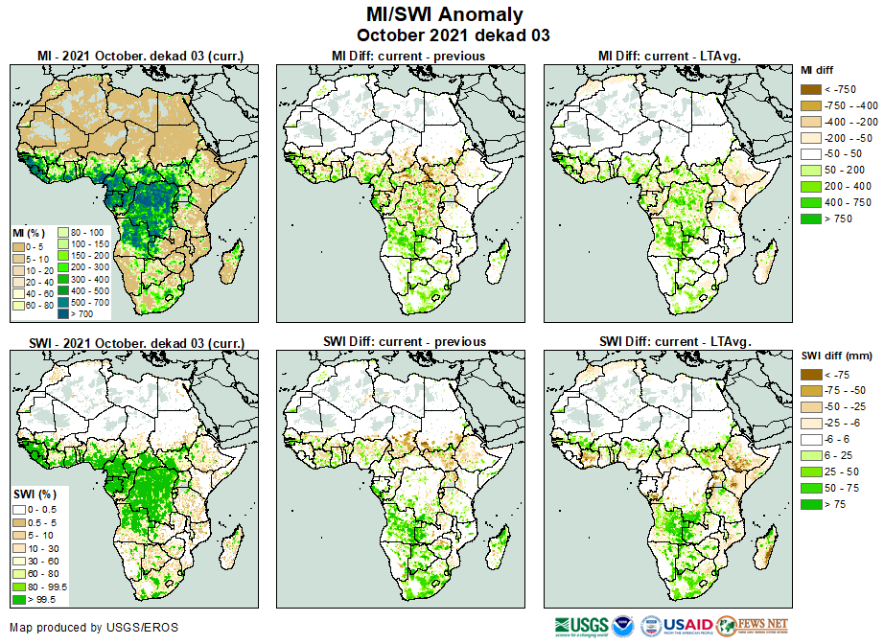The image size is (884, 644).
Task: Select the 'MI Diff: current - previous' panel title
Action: tap(407, 57)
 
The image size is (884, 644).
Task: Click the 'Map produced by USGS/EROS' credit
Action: tap(94, 628)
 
